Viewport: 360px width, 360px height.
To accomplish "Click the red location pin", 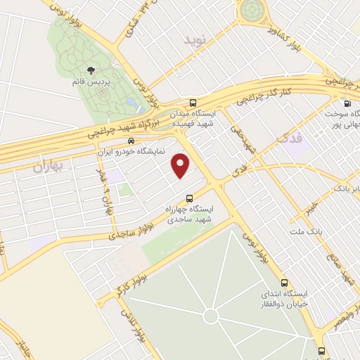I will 181,165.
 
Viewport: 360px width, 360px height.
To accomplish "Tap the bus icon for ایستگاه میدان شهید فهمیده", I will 193,103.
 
